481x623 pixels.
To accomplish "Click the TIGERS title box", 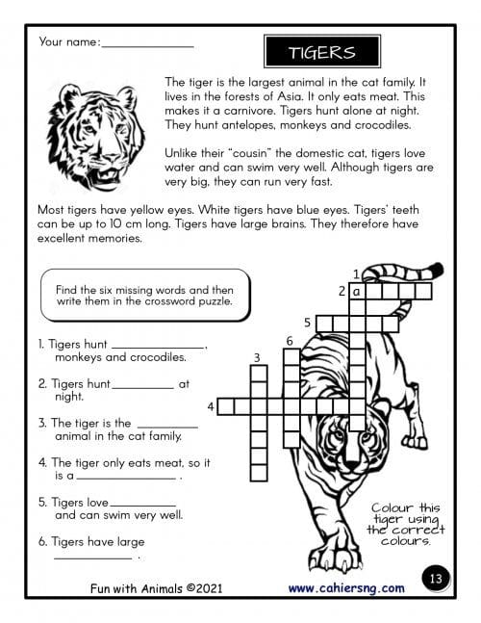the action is [322, 52].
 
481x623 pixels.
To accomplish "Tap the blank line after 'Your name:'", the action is [147, 47].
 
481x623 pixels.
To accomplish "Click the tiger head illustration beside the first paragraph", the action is [96, 136].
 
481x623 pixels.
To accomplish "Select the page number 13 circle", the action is [436, 578].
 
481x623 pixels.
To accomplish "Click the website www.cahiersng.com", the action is [346, 588].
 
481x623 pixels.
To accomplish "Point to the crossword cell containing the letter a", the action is [357, 292].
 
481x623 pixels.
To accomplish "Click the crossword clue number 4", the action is [211, 407].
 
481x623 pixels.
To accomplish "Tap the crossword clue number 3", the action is [257, 358].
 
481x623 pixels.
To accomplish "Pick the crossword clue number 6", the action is [290, 341].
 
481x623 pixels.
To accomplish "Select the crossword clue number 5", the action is [308, 323].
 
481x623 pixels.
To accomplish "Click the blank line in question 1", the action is [159, 348].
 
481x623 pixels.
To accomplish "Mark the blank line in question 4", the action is [126, 479].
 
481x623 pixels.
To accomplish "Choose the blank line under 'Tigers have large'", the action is [93, 558].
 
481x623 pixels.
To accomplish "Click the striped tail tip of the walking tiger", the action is [436, 270].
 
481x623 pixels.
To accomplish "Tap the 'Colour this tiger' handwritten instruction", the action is [406, 525].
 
